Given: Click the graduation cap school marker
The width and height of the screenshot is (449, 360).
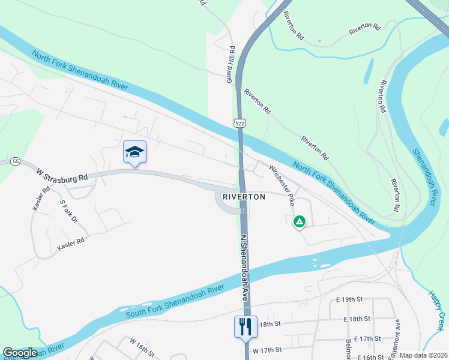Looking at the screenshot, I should pos(135,152).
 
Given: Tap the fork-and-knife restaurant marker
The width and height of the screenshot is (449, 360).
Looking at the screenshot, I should pos(245,327).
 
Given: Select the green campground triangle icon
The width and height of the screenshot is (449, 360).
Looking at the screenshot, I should pos(299,222).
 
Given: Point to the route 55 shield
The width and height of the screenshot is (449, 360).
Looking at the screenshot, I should pos(15,162).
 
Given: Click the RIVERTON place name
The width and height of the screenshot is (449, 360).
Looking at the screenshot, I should pos(244,196).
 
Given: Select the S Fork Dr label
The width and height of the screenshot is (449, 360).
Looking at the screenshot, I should pos(69,212).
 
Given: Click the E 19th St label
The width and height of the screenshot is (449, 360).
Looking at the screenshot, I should pos(350,299).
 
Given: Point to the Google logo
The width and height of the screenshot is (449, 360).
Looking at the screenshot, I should pos(20,353).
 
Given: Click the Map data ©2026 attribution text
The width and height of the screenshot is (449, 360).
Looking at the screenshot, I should pos(423,355).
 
